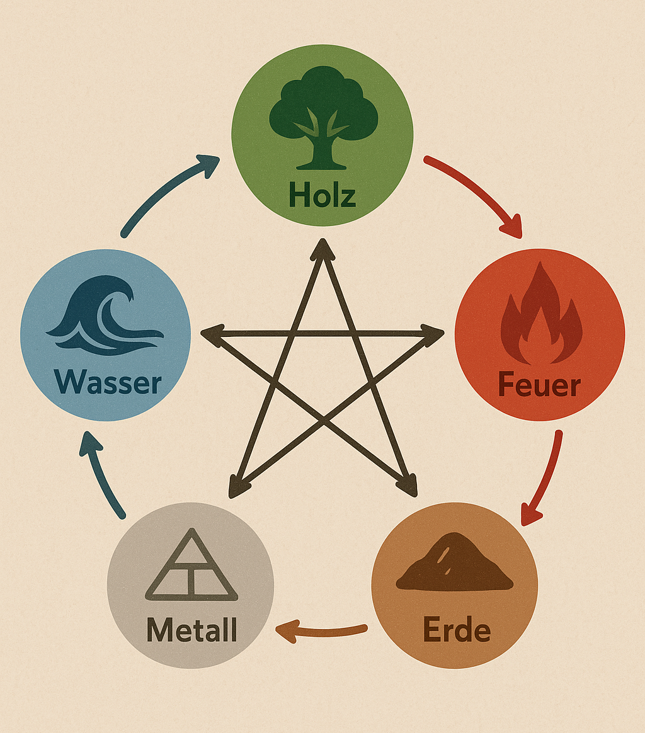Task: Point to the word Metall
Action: [x=191, y=630]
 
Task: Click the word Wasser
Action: [x=108, y=382]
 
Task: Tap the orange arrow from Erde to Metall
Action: [x=321, y=632]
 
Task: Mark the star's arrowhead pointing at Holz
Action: [x=322, y=247]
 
